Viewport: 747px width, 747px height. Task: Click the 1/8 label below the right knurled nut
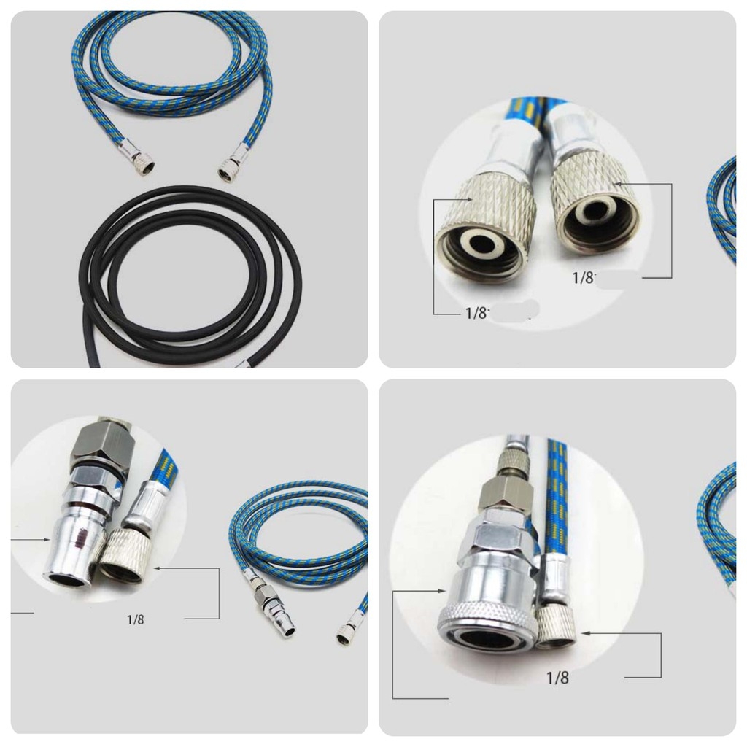tap(583, 277)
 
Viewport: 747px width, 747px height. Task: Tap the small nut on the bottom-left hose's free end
tap(343, 637)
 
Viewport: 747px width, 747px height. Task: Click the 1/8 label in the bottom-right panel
tap(557, 678)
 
